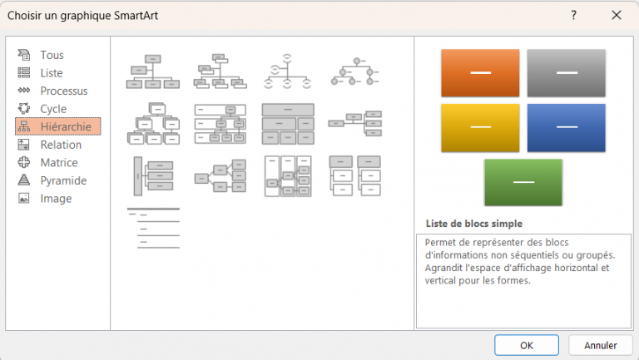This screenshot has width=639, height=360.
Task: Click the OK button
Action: tap(526, 345)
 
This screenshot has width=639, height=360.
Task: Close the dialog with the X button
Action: tap(617, 15)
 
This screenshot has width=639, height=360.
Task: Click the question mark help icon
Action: tap(574, 15)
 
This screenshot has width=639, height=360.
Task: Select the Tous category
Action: tap(52, 55)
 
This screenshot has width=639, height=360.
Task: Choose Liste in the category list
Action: tap(52, 73)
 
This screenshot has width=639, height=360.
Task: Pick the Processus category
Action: tap(63, 91)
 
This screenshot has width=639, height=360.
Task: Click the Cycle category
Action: tap(53, 109)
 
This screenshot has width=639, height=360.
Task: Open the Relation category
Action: tap(61, 145)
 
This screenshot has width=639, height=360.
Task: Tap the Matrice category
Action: tap(58, 163)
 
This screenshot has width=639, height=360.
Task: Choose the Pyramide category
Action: tap(63, 180)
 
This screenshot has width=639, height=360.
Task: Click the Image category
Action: tap(56, 199)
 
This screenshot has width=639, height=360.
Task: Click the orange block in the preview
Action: tap(480, 73)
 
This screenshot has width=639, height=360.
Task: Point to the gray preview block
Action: tap(567, 73)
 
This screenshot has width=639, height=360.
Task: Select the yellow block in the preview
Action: tap(480, 127)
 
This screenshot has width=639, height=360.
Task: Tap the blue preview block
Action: tap(567, 127)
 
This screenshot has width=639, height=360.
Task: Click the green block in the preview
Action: tap(523, 182)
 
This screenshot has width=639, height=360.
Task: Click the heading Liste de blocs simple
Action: tap(473, 224)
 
